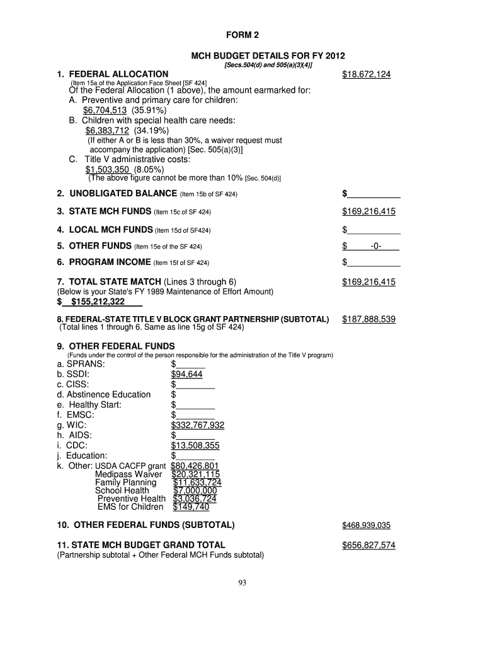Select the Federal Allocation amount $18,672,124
pos(367,74)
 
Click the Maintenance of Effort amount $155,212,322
pos(98,302)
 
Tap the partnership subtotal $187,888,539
pos(368,319)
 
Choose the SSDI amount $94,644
pos(186,374)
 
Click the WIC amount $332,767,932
pos(198,425)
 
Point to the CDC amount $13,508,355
pos(195,445)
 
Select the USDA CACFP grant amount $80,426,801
pos(195,466)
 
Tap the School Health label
pos(122,490)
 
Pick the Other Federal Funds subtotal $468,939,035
pos(367,525)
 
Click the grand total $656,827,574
pos(368,545)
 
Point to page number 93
pos(242,582)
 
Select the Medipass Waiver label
pos(128,474)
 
